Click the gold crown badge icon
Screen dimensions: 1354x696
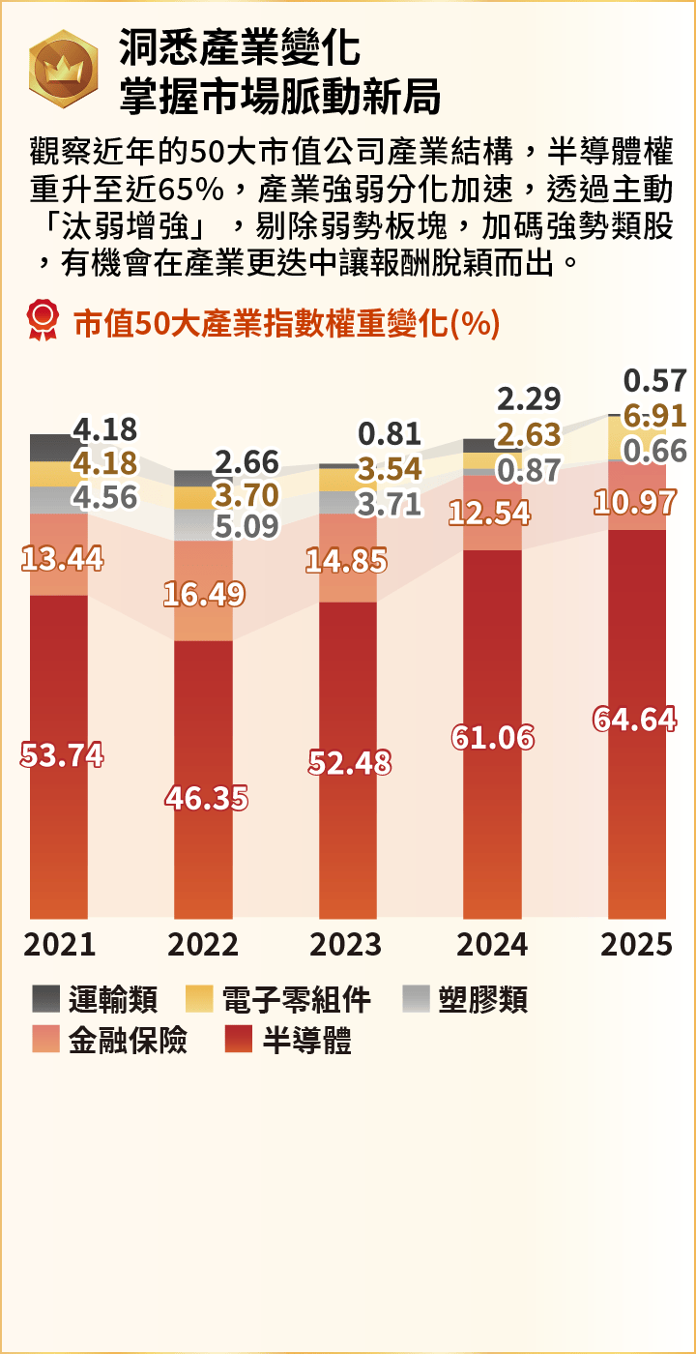63,69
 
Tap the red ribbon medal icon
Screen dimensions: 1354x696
43,320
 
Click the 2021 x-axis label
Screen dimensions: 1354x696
59,944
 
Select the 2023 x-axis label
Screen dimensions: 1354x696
347,944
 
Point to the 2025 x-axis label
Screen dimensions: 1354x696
636,944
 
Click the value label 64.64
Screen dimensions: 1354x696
634,720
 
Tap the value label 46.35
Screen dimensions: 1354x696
206,798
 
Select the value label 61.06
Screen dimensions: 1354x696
493,738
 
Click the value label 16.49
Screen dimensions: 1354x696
203,595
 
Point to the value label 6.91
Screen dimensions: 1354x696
654,417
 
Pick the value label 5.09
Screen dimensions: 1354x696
246,526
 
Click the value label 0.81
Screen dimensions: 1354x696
390,433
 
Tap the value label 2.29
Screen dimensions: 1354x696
529,398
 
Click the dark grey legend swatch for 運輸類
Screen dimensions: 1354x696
45,999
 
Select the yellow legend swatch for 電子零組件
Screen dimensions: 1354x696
198,999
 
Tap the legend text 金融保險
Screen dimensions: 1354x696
128,1041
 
